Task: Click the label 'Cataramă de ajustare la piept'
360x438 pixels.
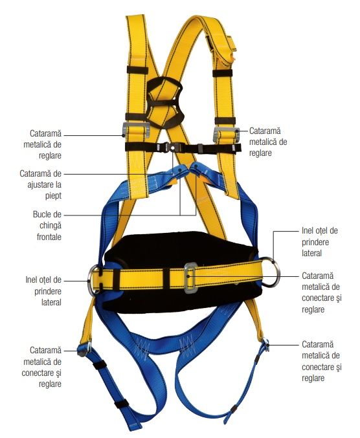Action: click(41, 184)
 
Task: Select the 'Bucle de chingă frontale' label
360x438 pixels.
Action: click(47, 225)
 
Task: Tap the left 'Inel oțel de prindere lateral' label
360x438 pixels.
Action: click(43, 290)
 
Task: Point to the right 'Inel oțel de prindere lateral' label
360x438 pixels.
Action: click(319, 242)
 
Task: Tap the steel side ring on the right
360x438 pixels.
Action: click(273, 272)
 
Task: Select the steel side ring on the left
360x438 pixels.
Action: click(91, 280)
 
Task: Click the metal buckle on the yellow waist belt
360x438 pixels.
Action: click(191, 278)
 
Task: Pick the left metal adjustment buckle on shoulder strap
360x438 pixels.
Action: click(136, 131)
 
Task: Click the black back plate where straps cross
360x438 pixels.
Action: click(164, 103)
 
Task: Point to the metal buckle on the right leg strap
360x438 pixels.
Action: click(266, 345)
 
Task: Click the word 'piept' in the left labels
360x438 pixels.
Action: click(53, 196)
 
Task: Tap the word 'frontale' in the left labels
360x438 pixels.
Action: click(49, 237)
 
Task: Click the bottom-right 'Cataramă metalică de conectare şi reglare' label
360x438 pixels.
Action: click(321, 361)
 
